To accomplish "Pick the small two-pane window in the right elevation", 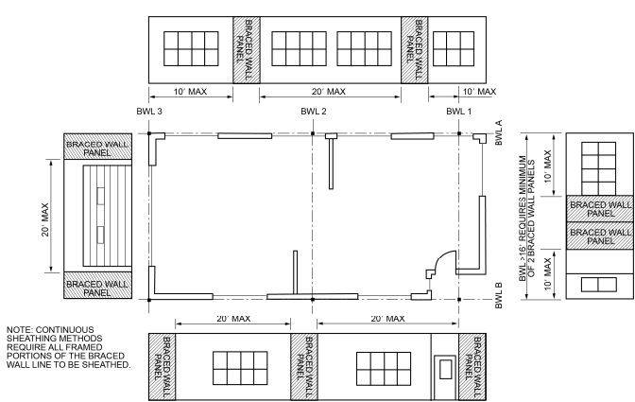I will [593, 285].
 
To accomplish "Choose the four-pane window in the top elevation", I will [453, 48].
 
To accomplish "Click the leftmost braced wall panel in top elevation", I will [246, 48].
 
